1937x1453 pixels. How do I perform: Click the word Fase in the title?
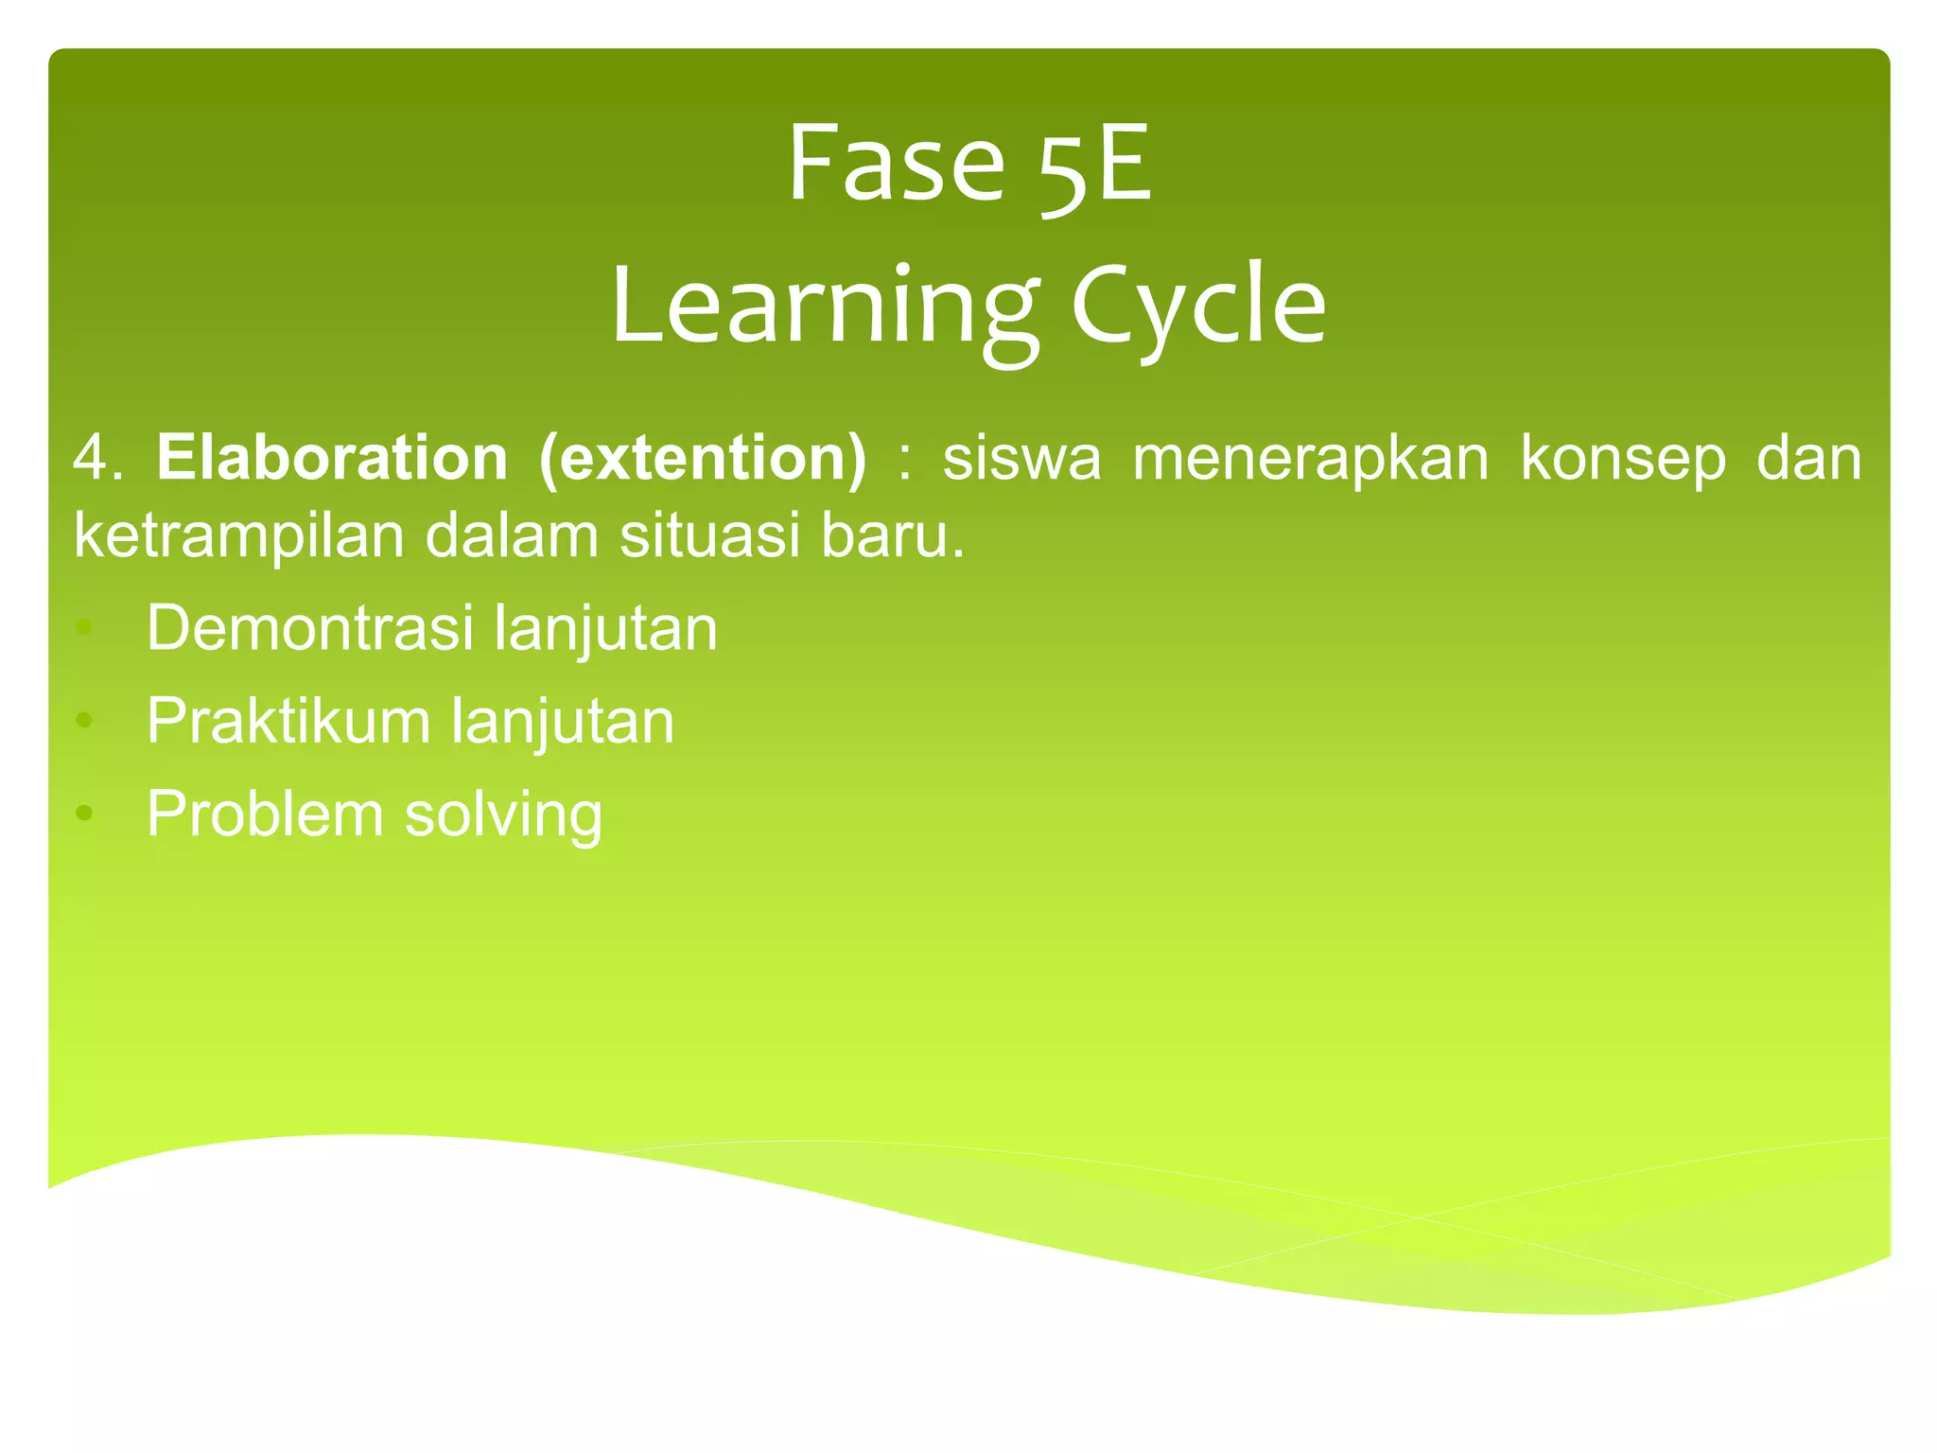tap(895, 165)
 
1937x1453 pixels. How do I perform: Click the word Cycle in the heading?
tap(1198, 307)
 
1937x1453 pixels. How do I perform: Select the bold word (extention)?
tap(702, 460)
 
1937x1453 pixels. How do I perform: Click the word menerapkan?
tap(1311, 460)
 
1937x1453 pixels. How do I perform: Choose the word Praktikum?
tap(288, 722)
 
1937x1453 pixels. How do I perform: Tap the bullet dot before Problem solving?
tap(84, 813)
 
